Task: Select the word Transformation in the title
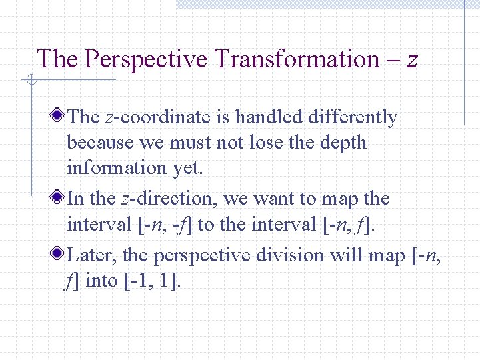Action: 297,59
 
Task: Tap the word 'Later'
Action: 91,255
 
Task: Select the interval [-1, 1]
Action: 152,281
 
